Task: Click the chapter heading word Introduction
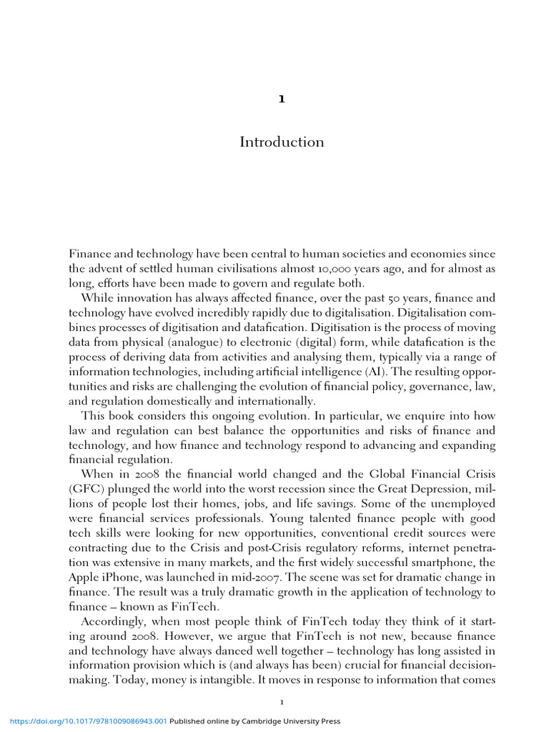282,142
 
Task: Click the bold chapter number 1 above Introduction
282,99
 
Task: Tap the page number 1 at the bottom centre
282,702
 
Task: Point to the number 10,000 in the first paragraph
330,269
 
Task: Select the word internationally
272,401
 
